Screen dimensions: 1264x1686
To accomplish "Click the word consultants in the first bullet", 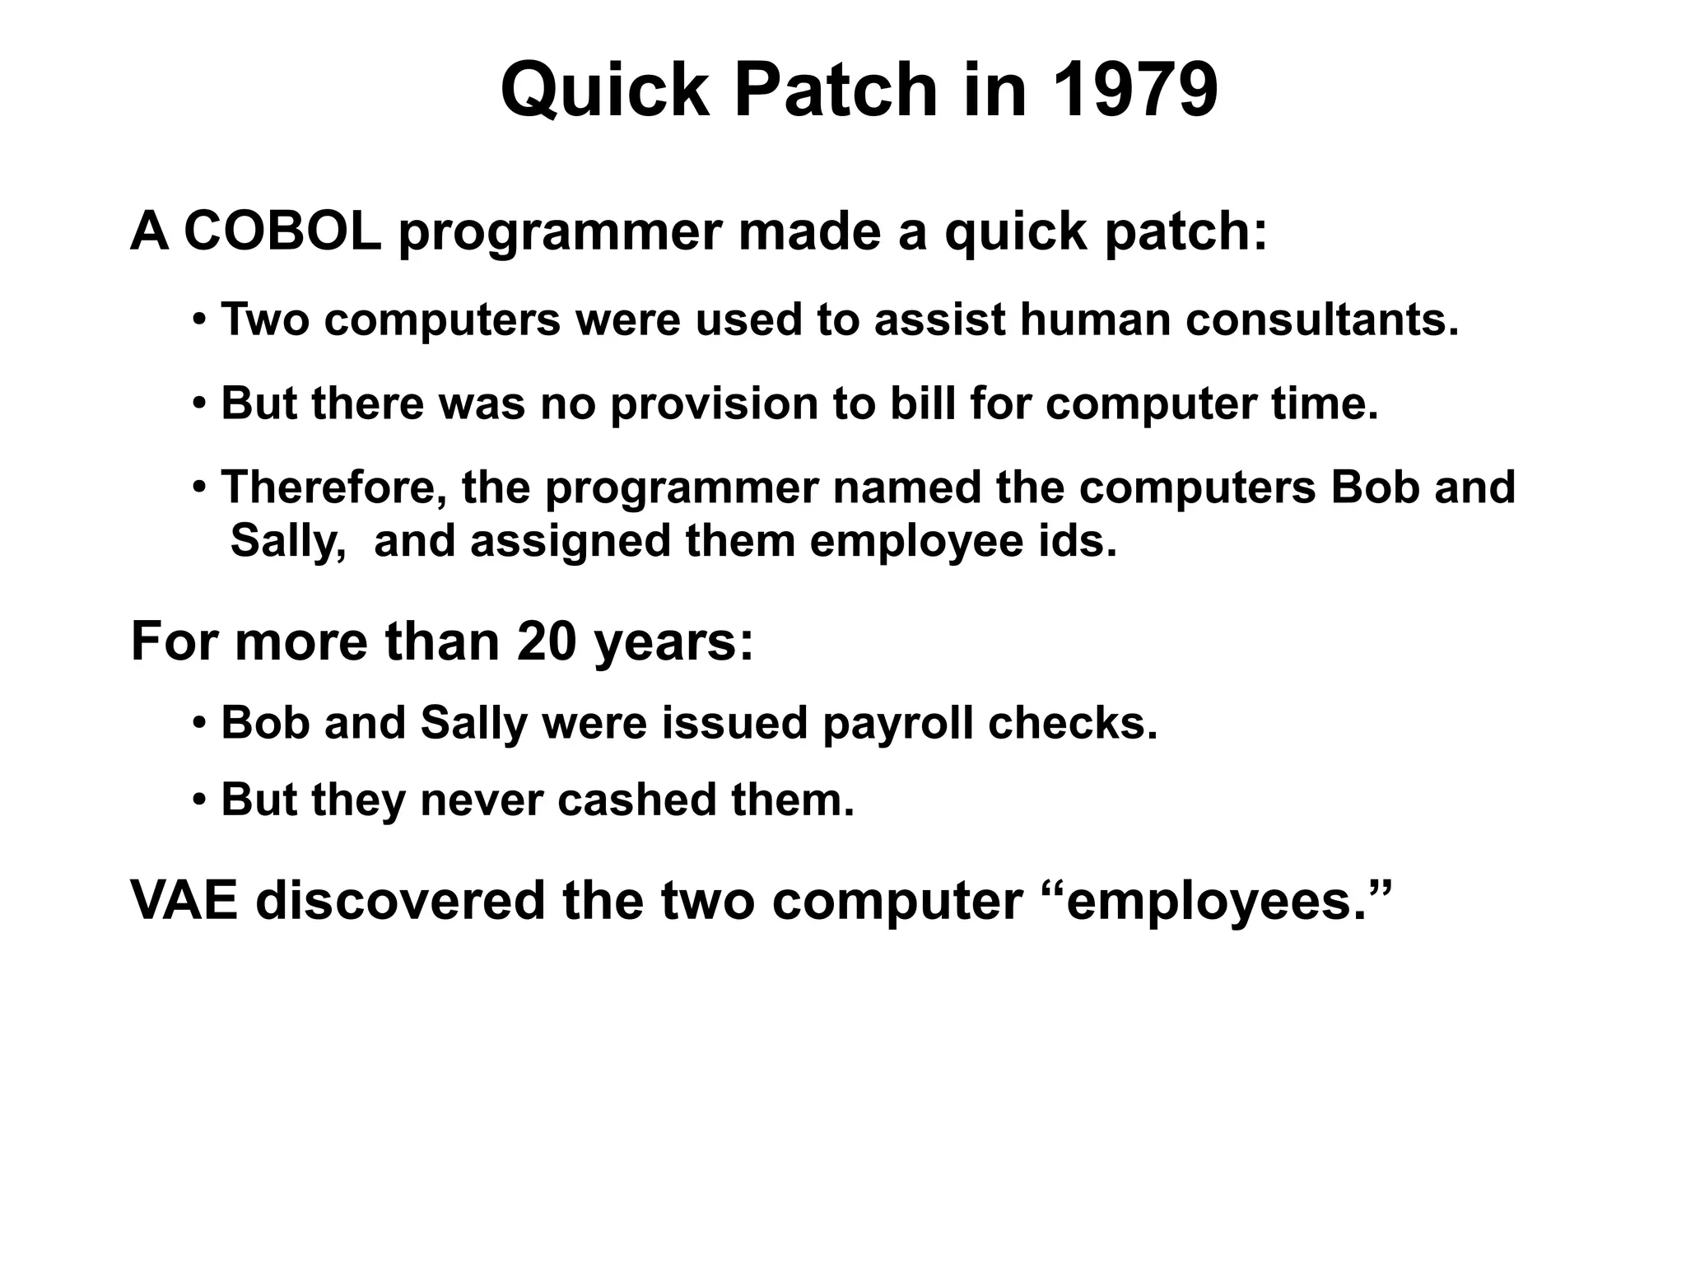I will [1321, 319].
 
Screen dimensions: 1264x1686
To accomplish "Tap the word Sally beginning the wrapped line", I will [287, 542].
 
